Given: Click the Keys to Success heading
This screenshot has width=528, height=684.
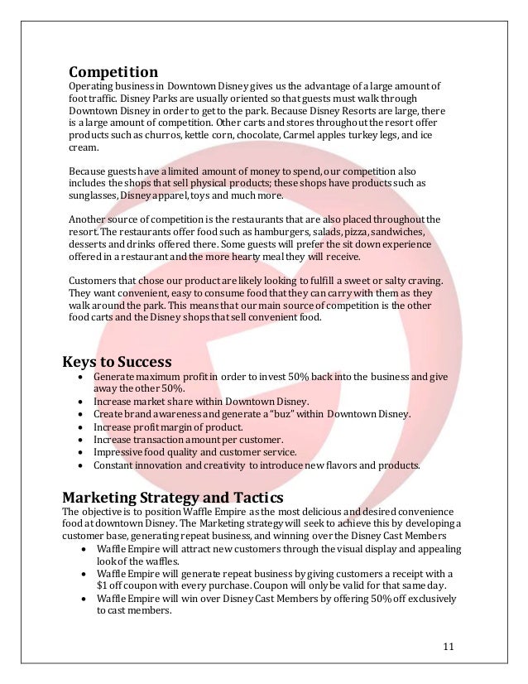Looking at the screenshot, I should coord(118,362).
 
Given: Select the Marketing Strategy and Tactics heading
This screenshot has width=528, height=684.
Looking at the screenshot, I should coord(172,497).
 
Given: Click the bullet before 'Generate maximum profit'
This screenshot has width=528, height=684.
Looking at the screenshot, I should coord(77,378).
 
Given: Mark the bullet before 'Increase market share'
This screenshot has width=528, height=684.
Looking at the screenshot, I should coord(77,399).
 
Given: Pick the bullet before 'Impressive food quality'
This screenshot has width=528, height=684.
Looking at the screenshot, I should coord(77,451).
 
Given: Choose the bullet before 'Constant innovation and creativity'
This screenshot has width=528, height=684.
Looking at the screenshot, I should coord(77,465).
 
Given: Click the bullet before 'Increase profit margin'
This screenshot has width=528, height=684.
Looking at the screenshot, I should coord(77,426).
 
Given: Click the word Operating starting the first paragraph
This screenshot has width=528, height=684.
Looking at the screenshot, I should coord(91,87).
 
